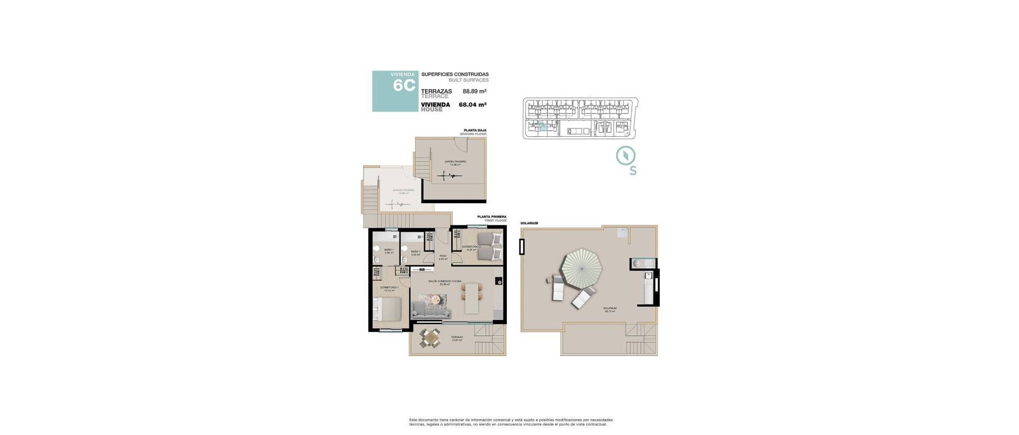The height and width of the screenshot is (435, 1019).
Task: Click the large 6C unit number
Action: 404,86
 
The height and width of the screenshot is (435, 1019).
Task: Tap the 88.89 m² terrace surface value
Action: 474,91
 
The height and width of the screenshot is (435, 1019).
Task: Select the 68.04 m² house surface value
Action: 472,105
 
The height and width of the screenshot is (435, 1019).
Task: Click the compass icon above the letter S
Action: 626,155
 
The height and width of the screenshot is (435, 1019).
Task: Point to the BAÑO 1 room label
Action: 388,250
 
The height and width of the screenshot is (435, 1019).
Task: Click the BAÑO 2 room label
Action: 416,251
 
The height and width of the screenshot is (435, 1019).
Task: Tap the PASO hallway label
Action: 443,256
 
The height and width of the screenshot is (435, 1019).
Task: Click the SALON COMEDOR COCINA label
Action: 445,281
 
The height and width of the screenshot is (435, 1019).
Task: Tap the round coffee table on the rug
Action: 436,301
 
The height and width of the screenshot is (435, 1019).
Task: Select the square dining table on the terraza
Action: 430,337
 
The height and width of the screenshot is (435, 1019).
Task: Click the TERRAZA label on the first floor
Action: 456,337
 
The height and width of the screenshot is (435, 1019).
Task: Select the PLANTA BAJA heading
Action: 474,130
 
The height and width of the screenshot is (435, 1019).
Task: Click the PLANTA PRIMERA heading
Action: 491,216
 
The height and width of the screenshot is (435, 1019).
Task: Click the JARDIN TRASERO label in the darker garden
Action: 455,161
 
